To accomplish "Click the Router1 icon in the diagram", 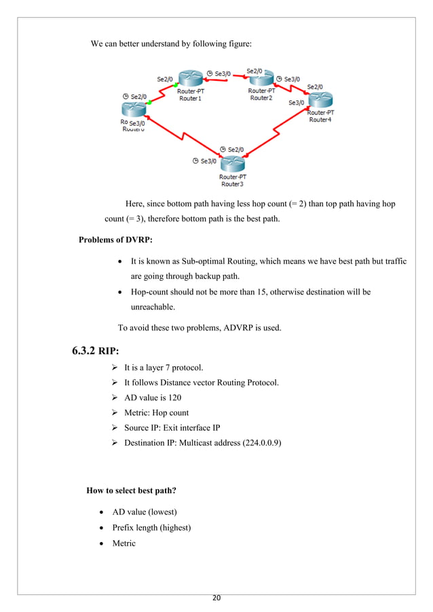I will pyautogui.click(x=190, y=78).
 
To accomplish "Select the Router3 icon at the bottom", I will pyautogui.click(x=232, y=164).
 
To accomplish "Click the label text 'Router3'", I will pyautogui.click(x=232, y=184).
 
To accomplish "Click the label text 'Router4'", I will pyautogui.click(x=320, y=119).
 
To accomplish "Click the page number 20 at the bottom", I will pyautogui.click(x=216, y=598).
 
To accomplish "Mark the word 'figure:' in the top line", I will pyautogui.click(x=237, y=45).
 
